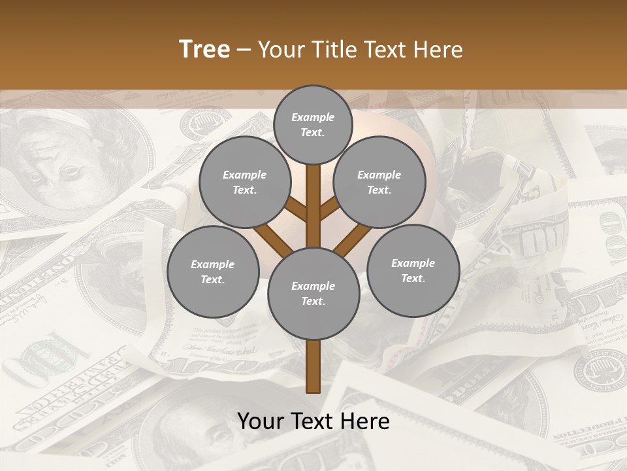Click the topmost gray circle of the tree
(313, 124)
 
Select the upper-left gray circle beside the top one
(245, 183)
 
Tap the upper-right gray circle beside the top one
(379, 183)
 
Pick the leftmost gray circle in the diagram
(213, 271)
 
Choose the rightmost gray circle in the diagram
(413, 270)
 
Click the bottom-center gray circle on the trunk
(313, 294)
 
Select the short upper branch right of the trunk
(330, 209)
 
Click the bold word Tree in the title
(204, 49)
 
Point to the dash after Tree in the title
(244, 50)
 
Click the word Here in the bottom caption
(368, 421)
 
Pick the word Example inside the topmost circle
(313, 118)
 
